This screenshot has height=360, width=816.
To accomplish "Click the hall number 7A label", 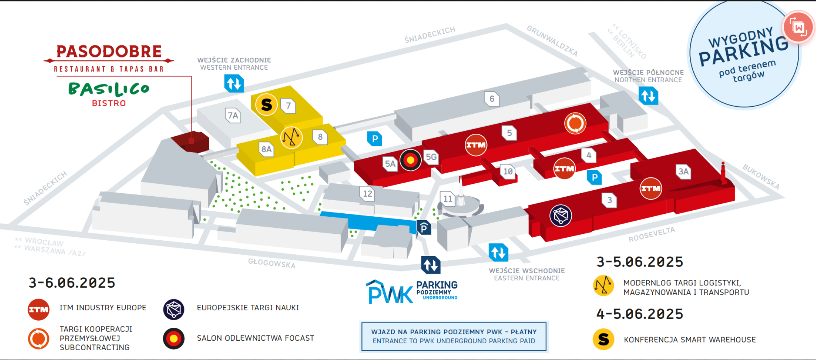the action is (233, 115).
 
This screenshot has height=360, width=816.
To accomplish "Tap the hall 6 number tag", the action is (492, 99).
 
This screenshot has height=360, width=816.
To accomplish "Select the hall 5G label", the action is (431, 157).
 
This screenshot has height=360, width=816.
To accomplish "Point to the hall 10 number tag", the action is (508, 171).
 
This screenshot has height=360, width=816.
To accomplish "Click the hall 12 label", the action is (367, 194).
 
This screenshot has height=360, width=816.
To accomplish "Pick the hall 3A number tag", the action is (683, 172).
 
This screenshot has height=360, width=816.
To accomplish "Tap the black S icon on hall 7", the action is (266, 105).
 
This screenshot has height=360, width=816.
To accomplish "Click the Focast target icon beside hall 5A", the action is (410, 160).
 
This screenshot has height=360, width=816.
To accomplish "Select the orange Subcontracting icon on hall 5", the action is (575, 123).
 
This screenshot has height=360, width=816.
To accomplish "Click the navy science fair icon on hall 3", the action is (561, 216).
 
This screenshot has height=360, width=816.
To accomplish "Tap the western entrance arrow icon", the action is (234, 83).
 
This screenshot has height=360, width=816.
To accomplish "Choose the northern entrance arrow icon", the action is (648, 96).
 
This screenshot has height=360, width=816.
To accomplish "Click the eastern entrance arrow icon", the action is (498, 252).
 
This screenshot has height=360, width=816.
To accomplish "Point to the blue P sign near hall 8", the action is (375, 139).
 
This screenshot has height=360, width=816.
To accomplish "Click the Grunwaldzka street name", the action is (552, 41).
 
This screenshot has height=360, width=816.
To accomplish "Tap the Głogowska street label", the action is (272, 263).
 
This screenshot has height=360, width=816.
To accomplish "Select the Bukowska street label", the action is (761, 177).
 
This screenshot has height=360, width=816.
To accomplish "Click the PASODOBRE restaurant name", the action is (109, 52).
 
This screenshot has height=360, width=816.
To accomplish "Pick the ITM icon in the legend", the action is (39, 310).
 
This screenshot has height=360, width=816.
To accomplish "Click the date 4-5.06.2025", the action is (640, 314).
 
